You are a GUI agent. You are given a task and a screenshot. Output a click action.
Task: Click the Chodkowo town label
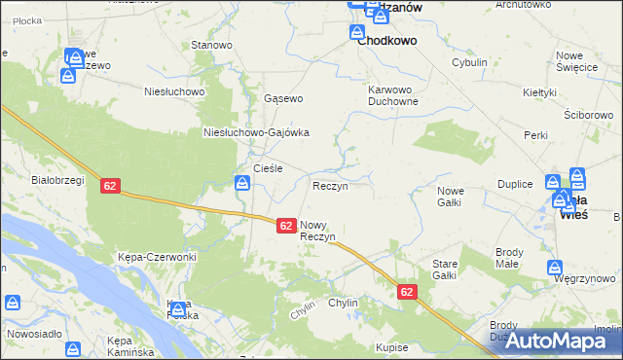[386, 41]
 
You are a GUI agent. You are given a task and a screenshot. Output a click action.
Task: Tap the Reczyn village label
[329, 186]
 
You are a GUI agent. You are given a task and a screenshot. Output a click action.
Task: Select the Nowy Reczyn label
[318, 231]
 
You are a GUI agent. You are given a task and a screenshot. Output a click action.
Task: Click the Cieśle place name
[268, 168]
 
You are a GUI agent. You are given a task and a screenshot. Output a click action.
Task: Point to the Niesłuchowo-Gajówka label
[256, 133]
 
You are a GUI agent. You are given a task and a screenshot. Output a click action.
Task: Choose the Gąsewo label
[284, 99]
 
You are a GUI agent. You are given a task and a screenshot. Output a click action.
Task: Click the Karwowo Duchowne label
[393, 94]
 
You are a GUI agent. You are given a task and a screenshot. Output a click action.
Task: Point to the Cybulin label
[468, 62]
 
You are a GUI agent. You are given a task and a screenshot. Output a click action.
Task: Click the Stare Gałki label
[444, 270]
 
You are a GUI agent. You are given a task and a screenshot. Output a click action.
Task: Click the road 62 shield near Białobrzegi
[110, 186]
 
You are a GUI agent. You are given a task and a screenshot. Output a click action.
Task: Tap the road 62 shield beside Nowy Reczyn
[286, 225]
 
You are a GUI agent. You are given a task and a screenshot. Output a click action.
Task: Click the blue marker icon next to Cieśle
[242, 182]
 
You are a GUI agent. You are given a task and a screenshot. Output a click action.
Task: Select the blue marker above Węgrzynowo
[555, 267]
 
